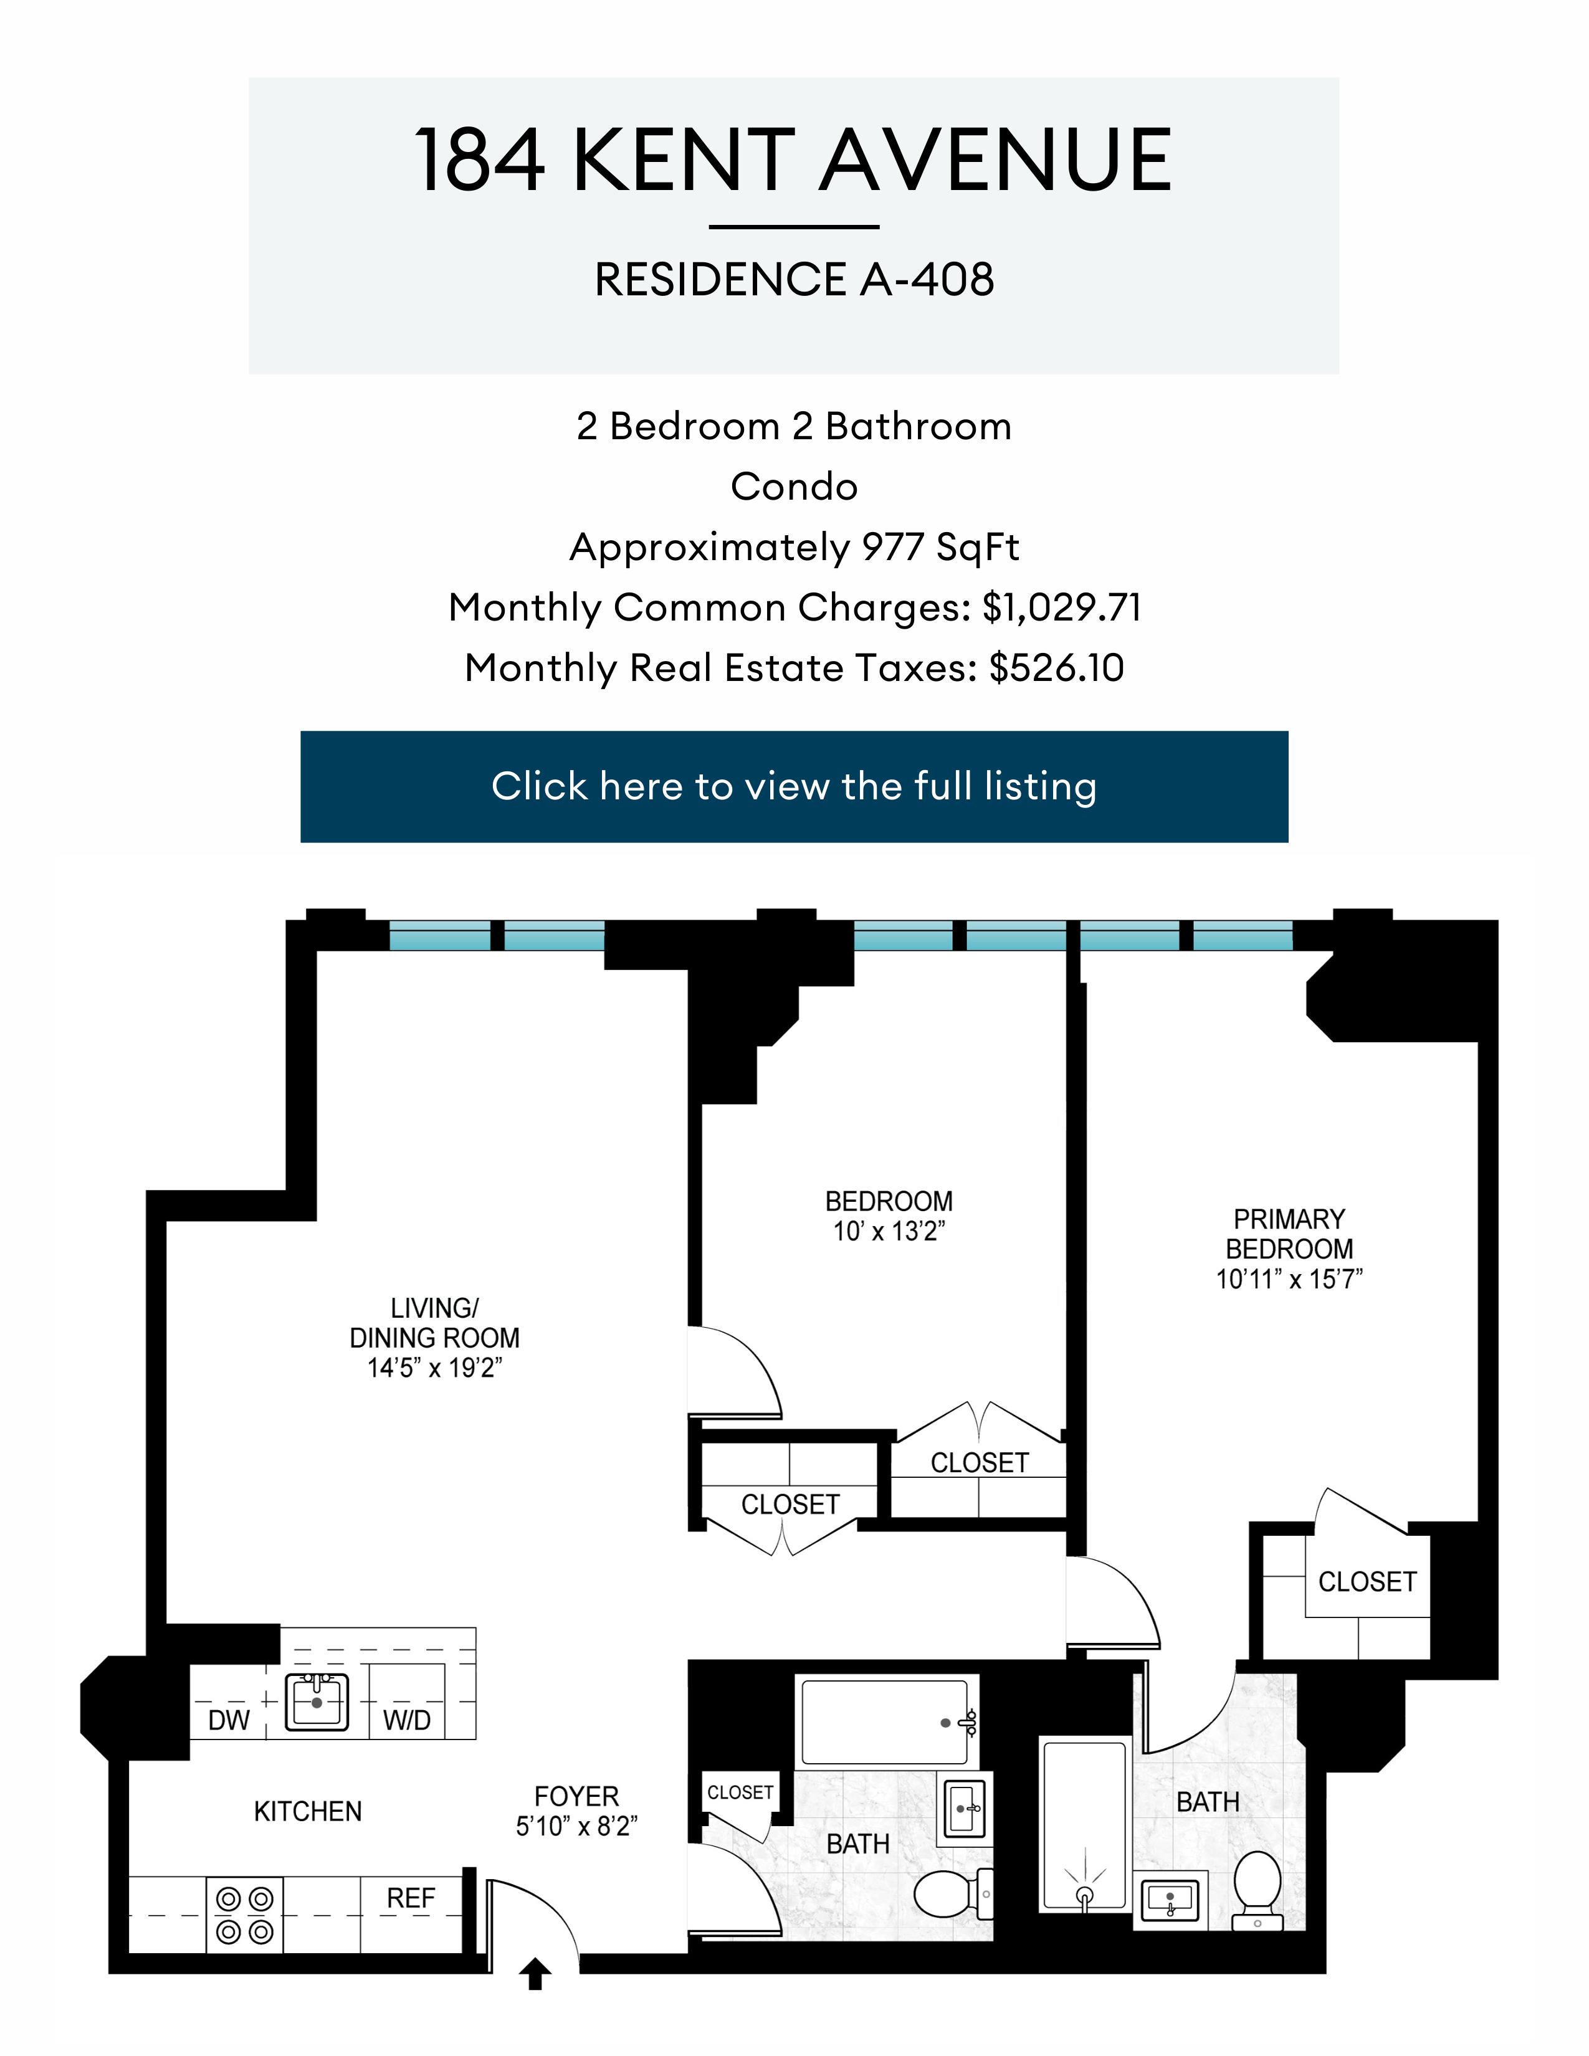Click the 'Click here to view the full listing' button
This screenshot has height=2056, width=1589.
click(793, 786)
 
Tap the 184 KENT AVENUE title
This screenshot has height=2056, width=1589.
click(793, 160)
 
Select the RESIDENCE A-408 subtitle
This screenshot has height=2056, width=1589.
click(793, 280)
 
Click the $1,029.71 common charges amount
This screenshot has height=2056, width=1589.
click(1061, 607)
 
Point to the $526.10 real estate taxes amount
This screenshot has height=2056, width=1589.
click(1056, 667)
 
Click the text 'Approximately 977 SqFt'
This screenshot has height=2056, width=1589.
click(793, 547)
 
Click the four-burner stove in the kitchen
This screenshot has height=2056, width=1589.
click(245, 1915)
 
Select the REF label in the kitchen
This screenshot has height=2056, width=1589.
click(411, 1898)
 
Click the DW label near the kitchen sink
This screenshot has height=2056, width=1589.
click(229, 1720)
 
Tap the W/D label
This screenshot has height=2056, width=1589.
click(407, 1720)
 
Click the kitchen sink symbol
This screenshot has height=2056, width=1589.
click(317, 1702)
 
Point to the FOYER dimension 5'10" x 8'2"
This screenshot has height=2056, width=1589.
click(576, 1826)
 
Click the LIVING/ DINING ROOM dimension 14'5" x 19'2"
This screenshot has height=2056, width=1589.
click(434, 1368)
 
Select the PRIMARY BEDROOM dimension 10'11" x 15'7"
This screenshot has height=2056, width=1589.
click(1289, 1278)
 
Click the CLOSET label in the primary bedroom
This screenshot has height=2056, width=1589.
click(1367, 1581)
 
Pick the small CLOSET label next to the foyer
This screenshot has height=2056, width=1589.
click(740, 1792)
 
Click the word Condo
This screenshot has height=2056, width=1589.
click(793, 487)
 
